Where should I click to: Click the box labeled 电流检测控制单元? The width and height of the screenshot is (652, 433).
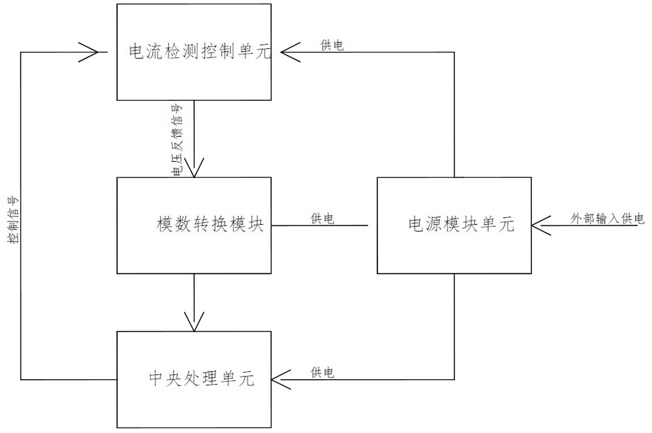[x=194, y=52]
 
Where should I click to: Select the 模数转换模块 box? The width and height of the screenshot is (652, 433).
[x=194, y=225]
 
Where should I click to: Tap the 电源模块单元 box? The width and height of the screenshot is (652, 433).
[x=454, y=225]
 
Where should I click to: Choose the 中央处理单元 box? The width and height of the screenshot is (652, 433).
[x=194, y=379]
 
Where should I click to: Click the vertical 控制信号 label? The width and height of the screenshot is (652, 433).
[x=13, y=220]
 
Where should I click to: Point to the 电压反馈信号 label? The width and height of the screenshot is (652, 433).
[x=177, y=140]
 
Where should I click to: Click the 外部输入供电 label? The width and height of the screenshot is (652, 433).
[x=607, y=218]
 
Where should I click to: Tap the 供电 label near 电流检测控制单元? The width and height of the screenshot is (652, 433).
[x=333, y=45]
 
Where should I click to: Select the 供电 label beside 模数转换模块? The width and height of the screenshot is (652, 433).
[x=322, y=218]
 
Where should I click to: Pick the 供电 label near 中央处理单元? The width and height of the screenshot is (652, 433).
[x=322, y=372]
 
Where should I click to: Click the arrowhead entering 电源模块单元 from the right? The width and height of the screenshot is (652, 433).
[x=541, y=226]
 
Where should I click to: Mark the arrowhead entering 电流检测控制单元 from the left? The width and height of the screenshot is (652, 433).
[x=89, y=52]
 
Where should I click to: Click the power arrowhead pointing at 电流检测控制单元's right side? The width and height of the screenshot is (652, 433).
[x=290, y=52]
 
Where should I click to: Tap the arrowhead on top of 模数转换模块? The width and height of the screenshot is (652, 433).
[x=194, y=168]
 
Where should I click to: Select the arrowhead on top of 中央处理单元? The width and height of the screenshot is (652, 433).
[x=194, y=322]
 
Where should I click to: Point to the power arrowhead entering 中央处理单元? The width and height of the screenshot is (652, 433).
[x=281, y=379]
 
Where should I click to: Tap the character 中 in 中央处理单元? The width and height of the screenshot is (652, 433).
[x=156, y=379]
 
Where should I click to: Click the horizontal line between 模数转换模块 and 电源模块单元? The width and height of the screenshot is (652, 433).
[x=319, y=226]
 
